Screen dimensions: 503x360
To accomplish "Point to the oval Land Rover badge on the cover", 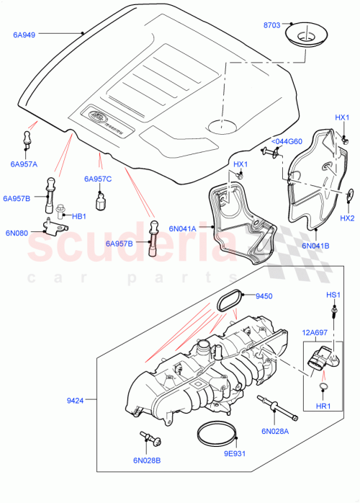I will coord(97,114).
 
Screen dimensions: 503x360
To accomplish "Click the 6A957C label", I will coord(98,179).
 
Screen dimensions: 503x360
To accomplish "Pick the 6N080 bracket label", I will coord(17,233).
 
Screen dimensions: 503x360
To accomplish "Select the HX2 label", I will coord(347,218).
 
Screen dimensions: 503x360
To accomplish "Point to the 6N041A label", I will coord(184,228).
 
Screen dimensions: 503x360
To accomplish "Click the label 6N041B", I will coord(315,245).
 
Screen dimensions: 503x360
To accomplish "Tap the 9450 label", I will coord(266,295).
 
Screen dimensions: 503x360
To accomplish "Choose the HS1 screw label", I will coord(333,296).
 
